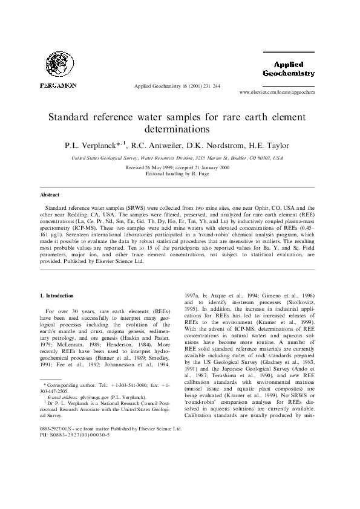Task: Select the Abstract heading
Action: tap(50, 195)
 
